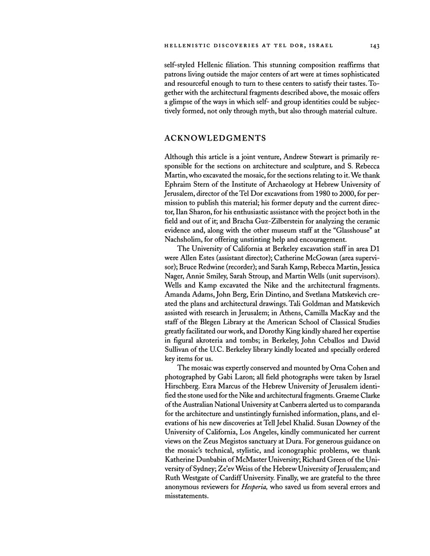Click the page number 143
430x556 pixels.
coord(364,45)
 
